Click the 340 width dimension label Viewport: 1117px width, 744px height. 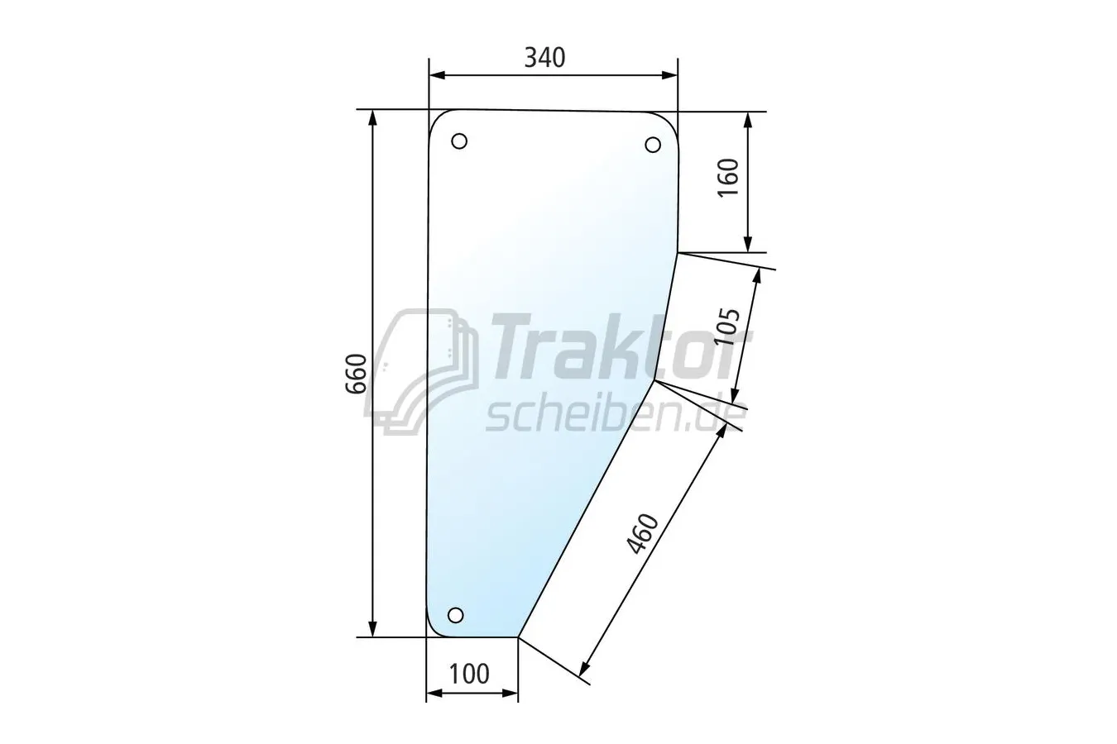tap(544, 58)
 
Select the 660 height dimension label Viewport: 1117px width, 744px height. tap(356, 374)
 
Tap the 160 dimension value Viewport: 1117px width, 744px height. tap(728, 178)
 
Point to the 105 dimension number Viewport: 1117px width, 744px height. tap(727, 327)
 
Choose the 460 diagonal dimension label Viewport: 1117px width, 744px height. tap(643, 534)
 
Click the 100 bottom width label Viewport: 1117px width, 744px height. tap(469, 675)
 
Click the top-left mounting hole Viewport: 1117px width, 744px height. tap(459, 141)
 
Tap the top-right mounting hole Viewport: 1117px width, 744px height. tap(653, 145)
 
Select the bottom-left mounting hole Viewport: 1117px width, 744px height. tap(455, 615)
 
